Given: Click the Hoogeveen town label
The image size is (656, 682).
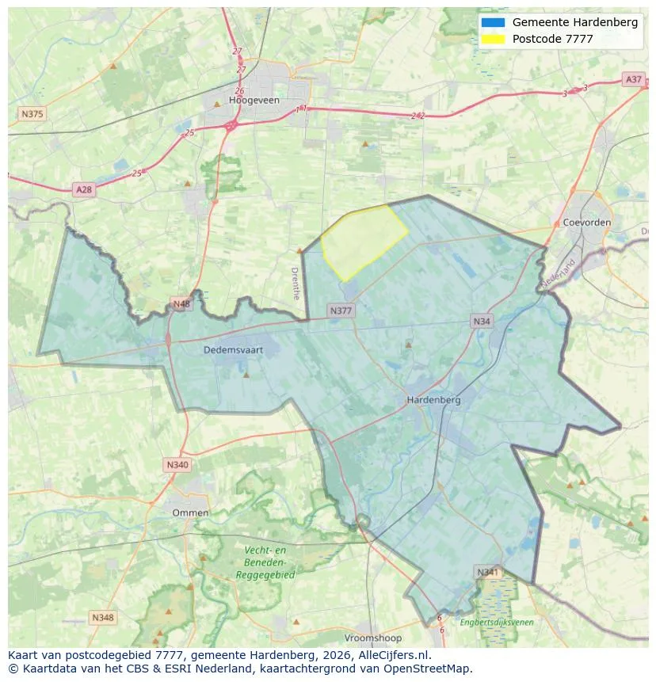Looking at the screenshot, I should (250, 101).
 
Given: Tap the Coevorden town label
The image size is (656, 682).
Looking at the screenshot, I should (586, 223).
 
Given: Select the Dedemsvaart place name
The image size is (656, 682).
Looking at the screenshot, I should (233, 349).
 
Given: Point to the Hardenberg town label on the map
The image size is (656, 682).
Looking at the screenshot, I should (433, 400).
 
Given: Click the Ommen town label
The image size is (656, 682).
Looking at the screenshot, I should (191, 512).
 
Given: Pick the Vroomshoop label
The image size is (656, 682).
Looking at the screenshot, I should (373, 638).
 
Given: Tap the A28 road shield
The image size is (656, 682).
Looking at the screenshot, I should (83, 189).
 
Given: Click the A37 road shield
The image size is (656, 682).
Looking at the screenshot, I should (634, 79).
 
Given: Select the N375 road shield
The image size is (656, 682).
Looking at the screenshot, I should (32, 114).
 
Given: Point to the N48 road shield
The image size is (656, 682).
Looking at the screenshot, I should (181, 304).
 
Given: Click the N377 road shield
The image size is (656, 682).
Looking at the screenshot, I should (341, 311).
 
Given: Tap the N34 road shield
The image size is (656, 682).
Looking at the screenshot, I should (482, 321).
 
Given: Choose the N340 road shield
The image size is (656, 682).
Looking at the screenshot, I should (177, 465).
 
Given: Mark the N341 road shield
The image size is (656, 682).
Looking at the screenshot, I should (488, 571).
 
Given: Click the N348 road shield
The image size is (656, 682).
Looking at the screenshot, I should (103, 617).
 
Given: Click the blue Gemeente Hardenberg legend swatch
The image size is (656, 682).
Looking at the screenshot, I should (492, 22).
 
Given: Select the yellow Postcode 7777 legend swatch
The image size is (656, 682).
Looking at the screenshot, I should (492, 39).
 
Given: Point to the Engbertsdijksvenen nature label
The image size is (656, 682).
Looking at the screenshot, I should (497, 623).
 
